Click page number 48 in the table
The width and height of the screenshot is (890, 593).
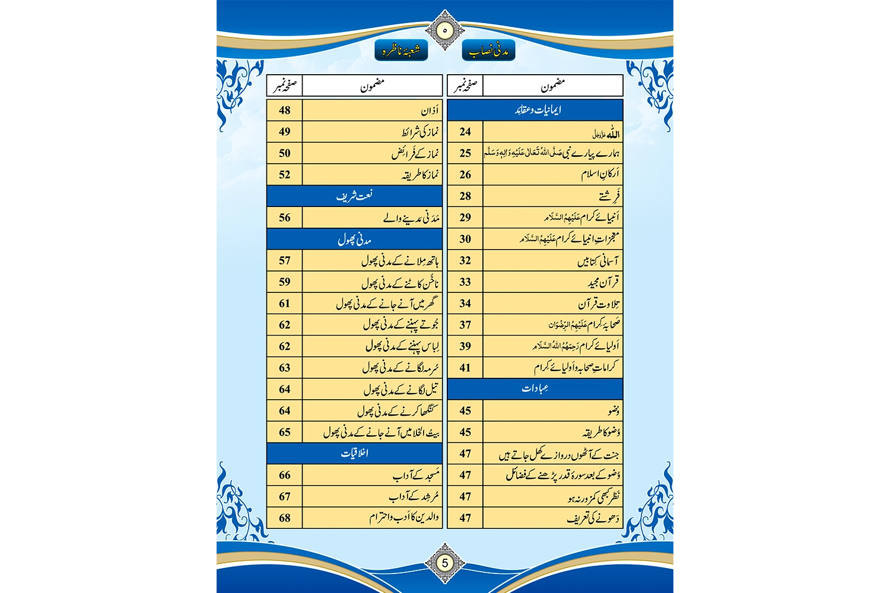click(285, 110)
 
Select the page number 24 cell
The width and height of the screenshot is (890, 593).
click(465, 132)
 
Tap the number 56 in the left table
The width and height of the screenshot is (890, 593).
click(285, 218)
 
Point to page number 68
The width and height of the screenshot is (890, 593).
click(285, 518)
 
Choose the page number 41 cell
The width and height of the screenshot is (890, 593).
click(465, 368)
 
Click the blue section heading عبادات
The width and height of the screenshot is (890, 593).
click(535, 388)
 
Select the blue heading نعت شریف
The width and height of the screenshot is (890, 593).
click(354, 196)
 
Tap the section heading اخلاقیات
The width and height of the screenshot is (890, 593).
click(354, 453)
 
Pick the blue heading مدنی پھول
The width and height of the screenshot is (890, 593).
click(354, 239)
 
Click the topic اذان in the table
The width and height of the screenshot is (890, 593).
click(430, 111)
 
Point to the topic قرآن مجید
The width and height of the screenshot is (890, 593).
click(603, 282)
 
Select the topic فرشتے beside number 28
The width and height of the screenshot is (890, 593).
click(609, 196)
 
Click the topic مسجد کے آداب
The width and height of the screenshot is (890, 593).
click(416, 475)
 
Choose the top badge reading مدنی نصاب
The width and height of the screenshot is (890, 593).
click(488, 52)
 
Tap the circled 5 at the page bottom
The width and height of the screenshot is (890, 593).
click(444, 562)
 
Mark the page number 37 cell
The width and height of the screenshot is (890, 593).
click(465, 325)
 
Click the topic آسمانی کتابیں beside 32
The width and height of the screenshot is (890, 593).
click(598, 261)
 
